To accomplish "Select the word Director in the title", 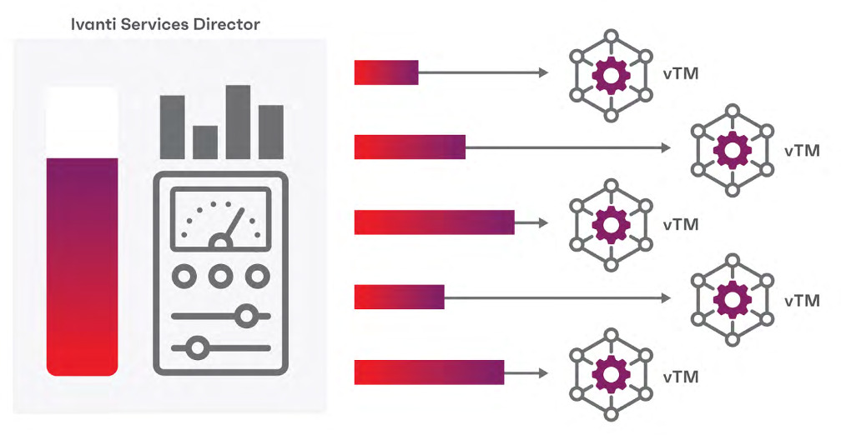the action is tap(228, 24).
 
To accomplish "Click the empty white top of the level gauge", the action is tap(82, 122).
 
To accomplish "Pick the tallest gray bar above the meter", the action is tap(238, 122).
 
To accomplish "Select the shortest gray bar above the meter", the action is tap(205, 142).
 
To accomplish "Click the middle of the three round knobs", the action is tap(220, 277).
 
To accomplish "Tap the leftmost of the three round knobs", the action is tap(184, 277).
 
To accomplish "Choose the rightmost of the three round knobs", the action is tap(257, 277).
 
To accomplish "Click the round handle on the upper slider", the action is tap(247, 316).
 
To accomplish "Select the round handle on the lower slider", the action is tap(198, 348).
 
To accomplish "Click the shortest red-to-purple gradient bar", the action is tap(386, 72).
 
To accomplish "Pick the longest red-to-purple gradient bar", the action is tap(435, 222).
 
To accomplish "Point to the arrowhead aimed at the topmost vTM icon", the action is tap(543, 72).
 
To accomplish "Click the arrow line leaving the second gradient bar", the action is tap(568, 147).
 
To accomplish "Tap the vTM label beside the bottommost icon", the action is tap(681, 377).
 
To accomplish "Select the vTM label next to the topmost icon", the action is tap(681, 73).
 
